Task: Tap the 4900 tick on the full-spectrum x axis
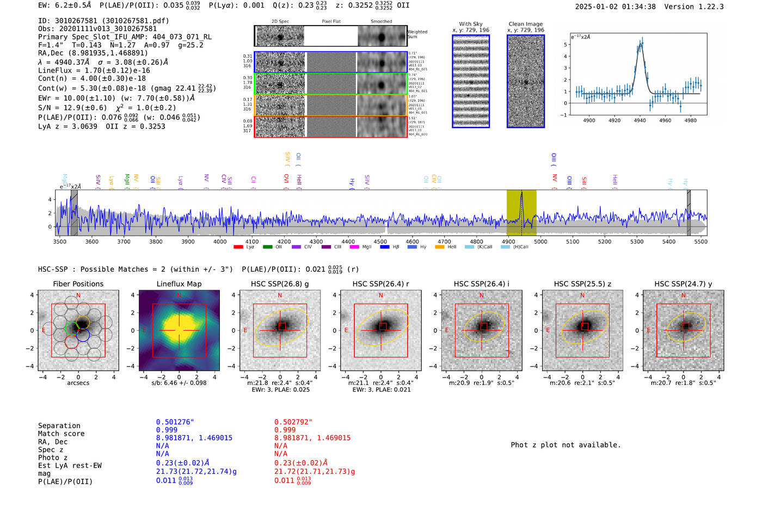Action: [x=508, y=241]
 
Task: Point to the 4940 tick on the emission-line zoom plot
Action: [x=640, y=120]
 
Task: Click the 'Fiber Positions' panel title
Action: [x=78, y=284]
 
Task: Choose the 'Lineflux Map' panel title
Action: [x=179, y=284]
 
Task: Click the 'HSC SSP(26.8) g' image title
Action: [x=280, y=284]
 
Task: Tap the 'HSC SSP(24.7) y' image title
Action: [x=683, y=284]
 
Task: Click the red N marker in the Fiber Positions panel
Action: [x=78, y=296]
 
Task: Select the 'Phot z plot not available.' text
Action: [x=566, y=445]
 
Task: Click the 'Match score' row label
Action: [x=61, y=433]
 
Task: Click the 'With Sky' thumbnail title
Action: [x=471, y=24]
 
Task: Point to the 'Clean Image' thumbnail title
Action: [x=525, y=24]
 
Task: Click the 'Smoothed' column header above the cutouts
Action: [x=381, y=21]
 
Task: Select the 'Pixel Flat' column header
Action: [x=331, y=21]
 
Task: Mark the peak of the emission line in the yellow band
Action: [x=521, y=193]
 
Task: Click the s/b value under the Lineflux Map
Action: [x=179, y=383]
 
